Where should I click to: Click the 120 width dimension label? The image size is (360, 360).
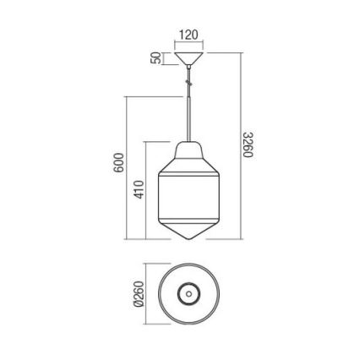click(188, 35)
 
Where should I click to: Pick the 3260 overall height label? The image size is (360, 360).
click(248, 145)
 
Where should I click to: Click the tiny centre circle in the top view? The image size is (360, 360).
click(188, 293)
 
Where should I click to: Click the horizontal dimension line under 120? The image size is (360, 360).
click(188, 45)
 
